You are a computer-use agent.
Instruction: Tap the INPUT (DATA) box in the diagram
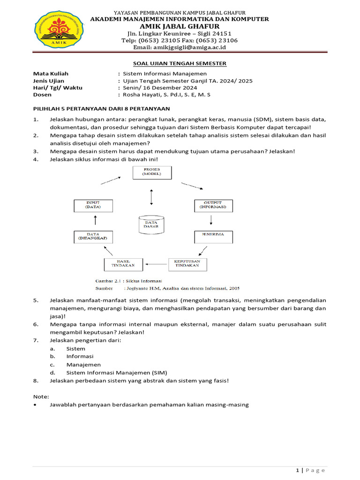point(93,205)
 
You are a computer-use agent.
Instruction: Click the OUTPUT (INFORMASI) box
point(213,205)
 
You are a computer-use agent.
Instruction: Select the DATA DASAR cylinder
point(151,224)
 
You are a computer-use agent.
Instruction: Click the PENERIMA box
point(213,236)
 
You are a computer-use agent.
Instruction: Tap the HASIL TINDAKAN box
point(123,264)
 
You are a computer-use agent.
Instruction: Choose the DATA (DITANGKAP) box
point(93,237)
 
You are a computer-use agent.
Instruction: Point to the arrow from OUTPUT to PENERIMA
point(211,220)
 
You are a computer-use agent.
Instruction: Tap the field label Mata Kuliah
point(51,74)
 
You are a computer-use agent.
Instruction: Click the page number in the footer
point(297,470)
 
